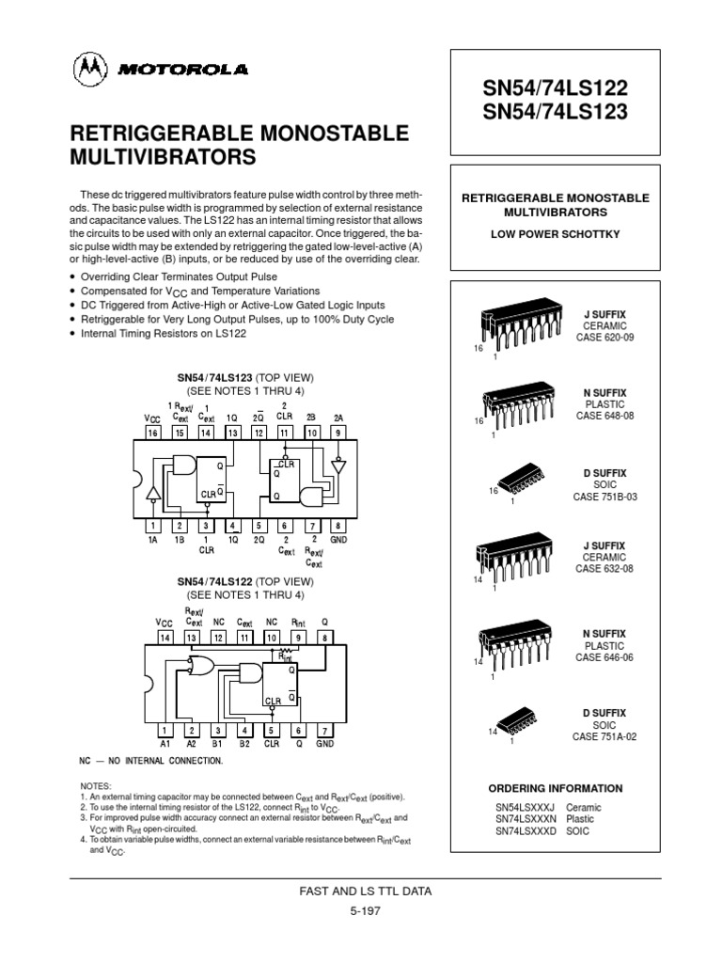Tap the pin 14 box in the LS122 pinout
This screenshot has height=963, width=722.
point(165,638)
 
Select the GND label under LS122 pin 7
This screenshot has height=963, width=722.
point(325,744)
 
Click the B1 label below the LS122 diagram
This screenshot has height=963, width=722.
point(218,744)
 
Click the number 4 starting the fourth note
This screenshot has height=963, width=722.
point(82,838)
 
